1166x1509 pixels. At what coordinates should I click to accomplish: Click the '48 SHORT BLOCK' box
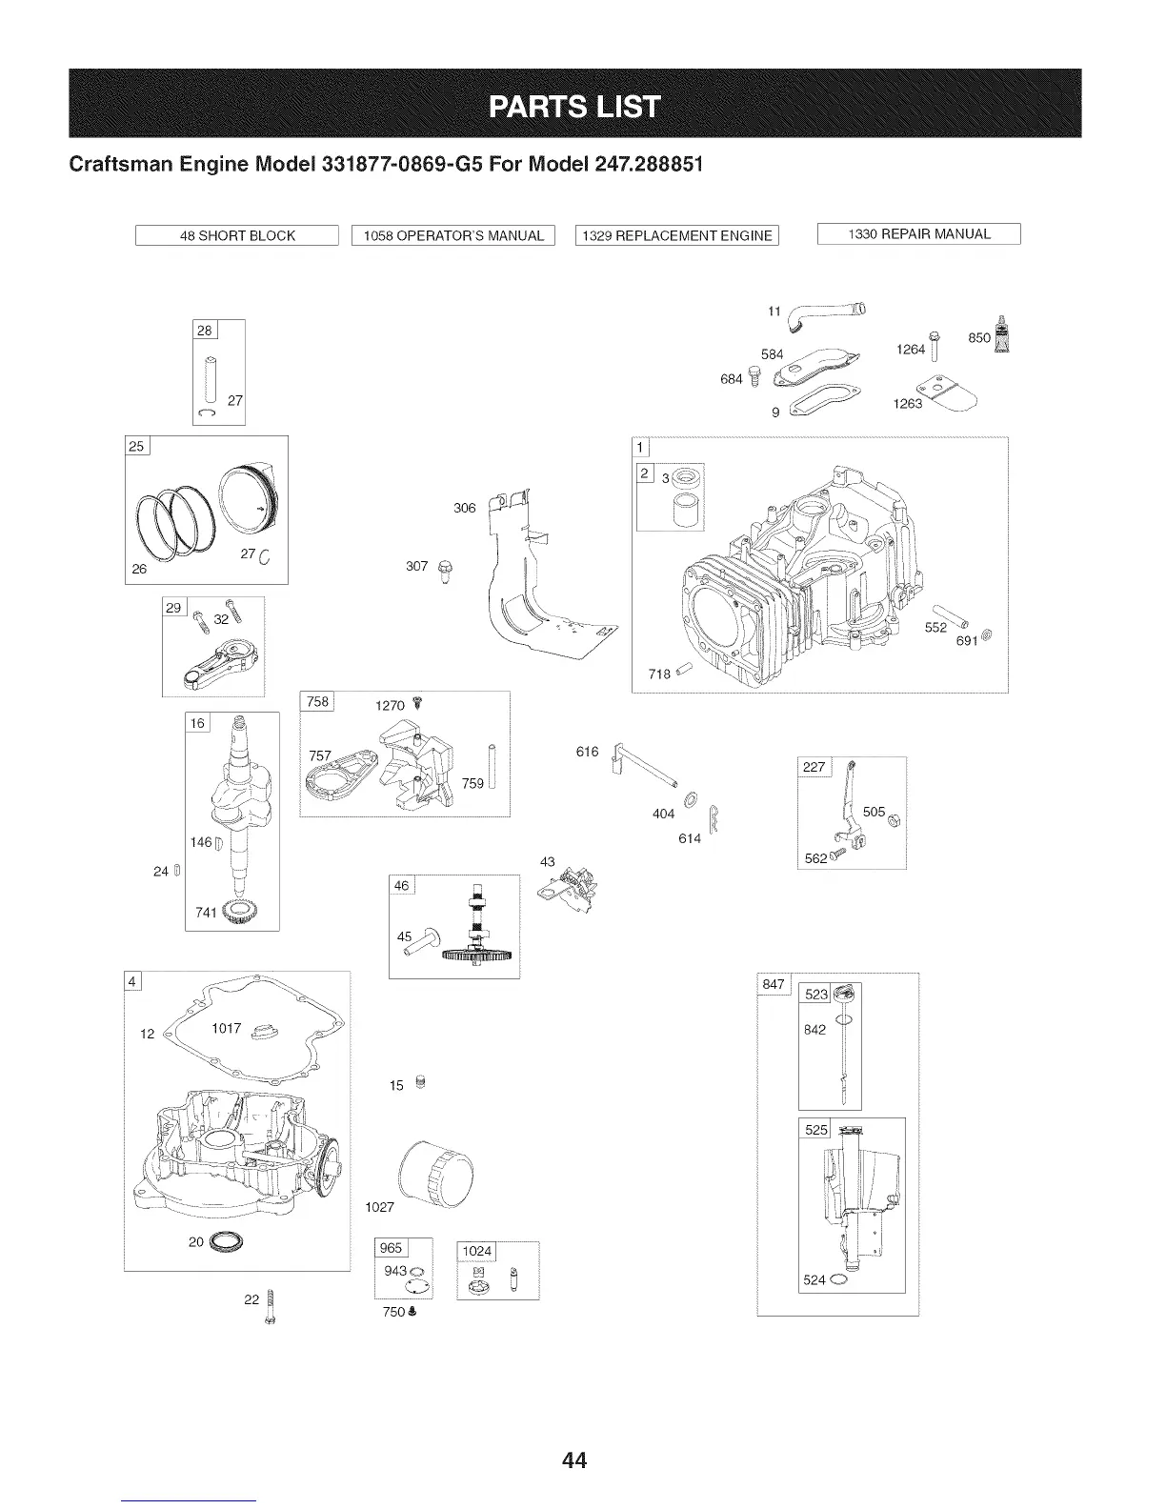click(237, 235)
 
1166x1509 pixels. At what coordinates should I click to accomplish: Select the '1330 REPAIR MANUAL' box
click(919, 234)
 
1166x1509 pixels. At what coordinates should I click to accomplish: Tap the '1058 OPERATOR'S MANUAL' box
click(453, 235)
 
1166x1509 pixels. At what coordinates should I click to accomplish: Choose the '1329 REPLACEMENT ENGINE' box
click(677, 235)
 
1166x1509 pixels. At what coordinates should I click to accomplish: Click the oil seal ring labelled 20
click(227, 1240)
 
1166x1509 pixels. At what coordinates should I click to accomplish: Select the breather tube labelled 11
click(829, 314)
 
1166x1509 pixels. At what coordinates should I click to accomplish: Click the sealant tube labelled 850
click(999, 333)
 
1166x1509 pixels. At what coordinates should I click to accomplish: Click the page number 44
click(573, 1459)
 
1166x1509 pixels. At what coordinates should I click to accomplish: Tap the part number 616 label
click(587, 752)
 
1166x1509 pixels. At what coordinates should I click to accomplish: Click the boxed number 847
click(774, 984)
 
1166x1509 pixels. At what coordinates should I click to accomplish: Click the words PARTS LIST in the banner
click(574, 105)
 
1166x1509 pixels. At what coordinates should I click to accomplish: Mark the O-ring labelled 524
click(836, 1279)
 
